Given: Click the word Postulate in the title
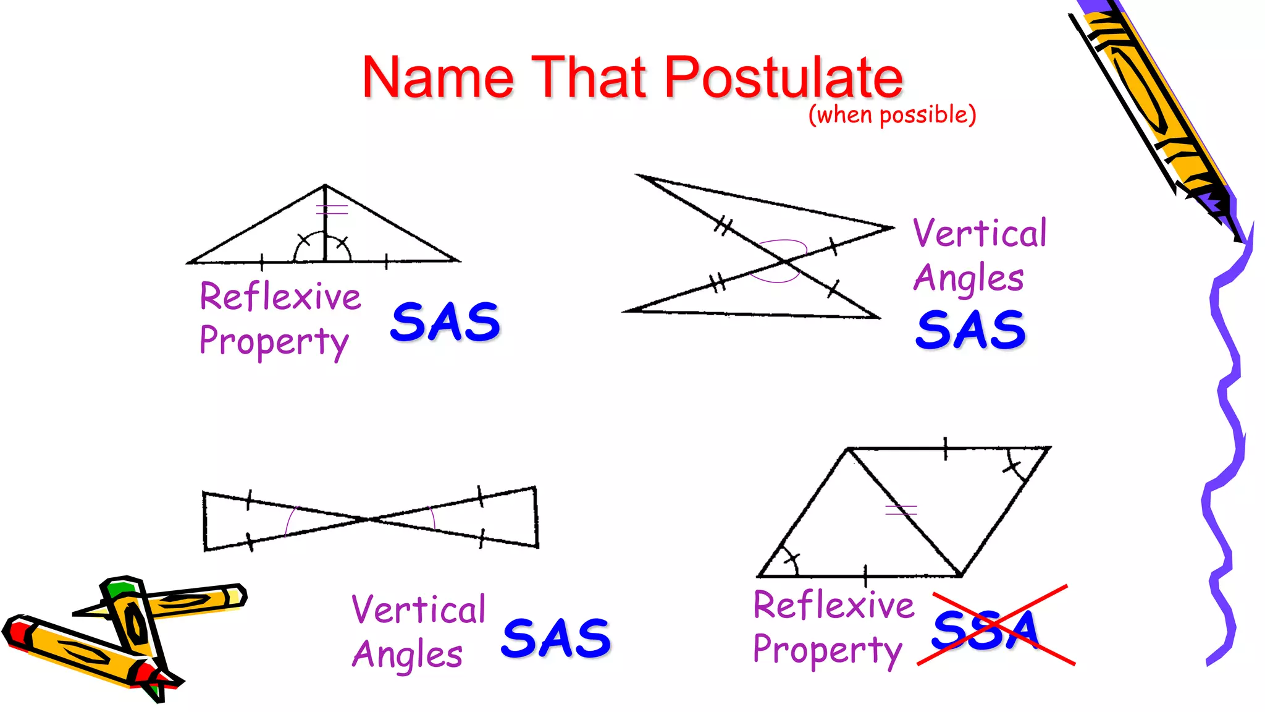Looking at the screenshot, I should pos(783,78).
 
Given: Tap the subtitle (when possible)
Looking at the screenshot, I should pos(892,115).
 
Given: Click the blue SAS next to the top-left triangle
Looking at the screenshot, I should pos(445,322).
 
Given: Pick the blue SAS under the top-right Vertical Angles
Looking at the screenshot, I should pos(970,329).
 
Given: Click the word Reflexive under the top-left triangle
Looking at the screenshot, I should pos(280,297).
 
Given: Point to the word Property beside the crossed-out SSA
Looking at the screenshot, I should pos(828,650).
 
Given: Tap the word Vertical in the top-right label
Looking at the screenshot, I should pos(980,234).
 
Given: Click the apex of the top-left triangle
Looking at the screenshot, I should pos(325,185).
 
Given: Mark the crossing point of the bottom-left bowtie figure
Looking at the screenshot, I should pos(369,519).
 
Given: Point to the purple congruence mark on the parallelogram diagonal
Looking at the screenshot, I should pos(901,510).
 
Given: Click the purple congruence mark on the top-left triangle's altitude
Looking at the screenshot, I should pos(332,210).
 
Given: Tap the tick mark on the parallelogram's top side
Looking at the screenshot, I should pos(946,448).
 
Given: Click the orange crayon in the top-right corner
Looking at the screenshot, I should pos(1149,105).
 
